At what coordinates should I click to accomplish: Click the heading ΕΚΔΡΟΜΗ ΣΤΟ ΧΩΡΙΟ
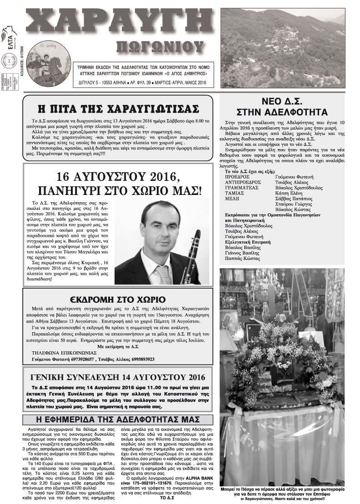click(117, 299)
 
